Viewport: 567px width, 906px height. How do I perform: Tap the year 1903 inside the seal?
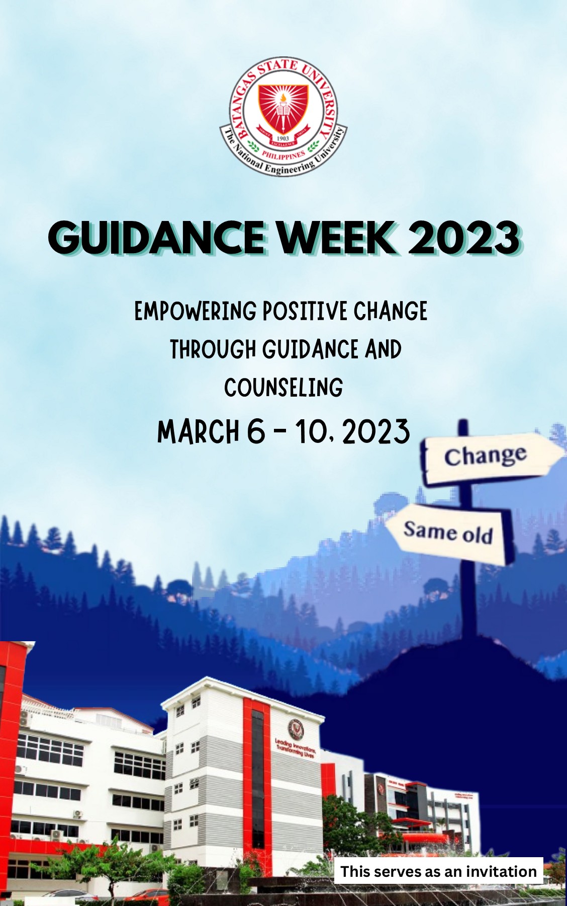click(x=283, y=138)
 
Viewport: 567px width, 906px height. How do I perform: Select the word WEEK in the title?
click(x=336, y=237)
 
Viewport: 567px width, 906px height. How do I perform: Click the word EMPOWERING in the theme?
click(x=196, y=311)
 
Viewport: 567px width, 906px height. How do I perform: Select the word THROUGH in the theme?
click(x=213, y=349)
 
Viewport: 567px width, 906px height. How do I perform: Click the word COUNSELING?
click(x=283, y=388)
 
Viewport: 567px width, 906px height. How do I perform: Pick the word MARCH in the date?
click(x=199, y=432)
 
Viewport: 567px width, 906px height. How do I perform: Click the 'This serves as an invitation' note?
click(x=438, y=871)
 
